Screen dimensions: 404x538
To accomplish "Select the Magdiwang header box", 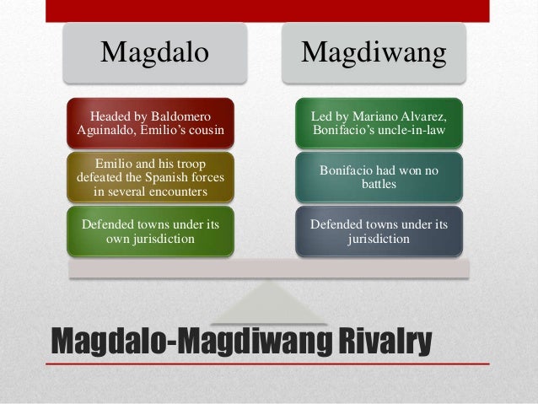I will tap(374, 52).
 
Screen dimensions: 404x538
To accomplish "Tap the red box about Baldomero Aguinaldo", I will tap(151, 122).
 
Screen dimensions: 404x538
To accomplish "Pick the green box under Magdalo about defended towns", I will tap(151, 231).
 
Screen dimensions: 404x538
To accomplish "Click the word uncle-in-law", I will tap(408, 130).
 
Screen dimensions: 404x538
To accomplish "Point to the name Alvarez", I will tap(416, 115).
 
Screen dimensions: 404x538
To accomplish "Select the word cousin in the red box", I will tap(204, 130).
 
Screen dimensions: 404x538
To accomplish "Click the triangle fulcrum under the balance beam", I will tap(268, 304).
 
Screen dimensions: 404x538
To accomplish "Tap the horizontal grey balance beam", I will tap(268, 269).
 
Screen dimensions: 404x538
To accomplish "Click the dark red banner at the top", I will tap(268, 10).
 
